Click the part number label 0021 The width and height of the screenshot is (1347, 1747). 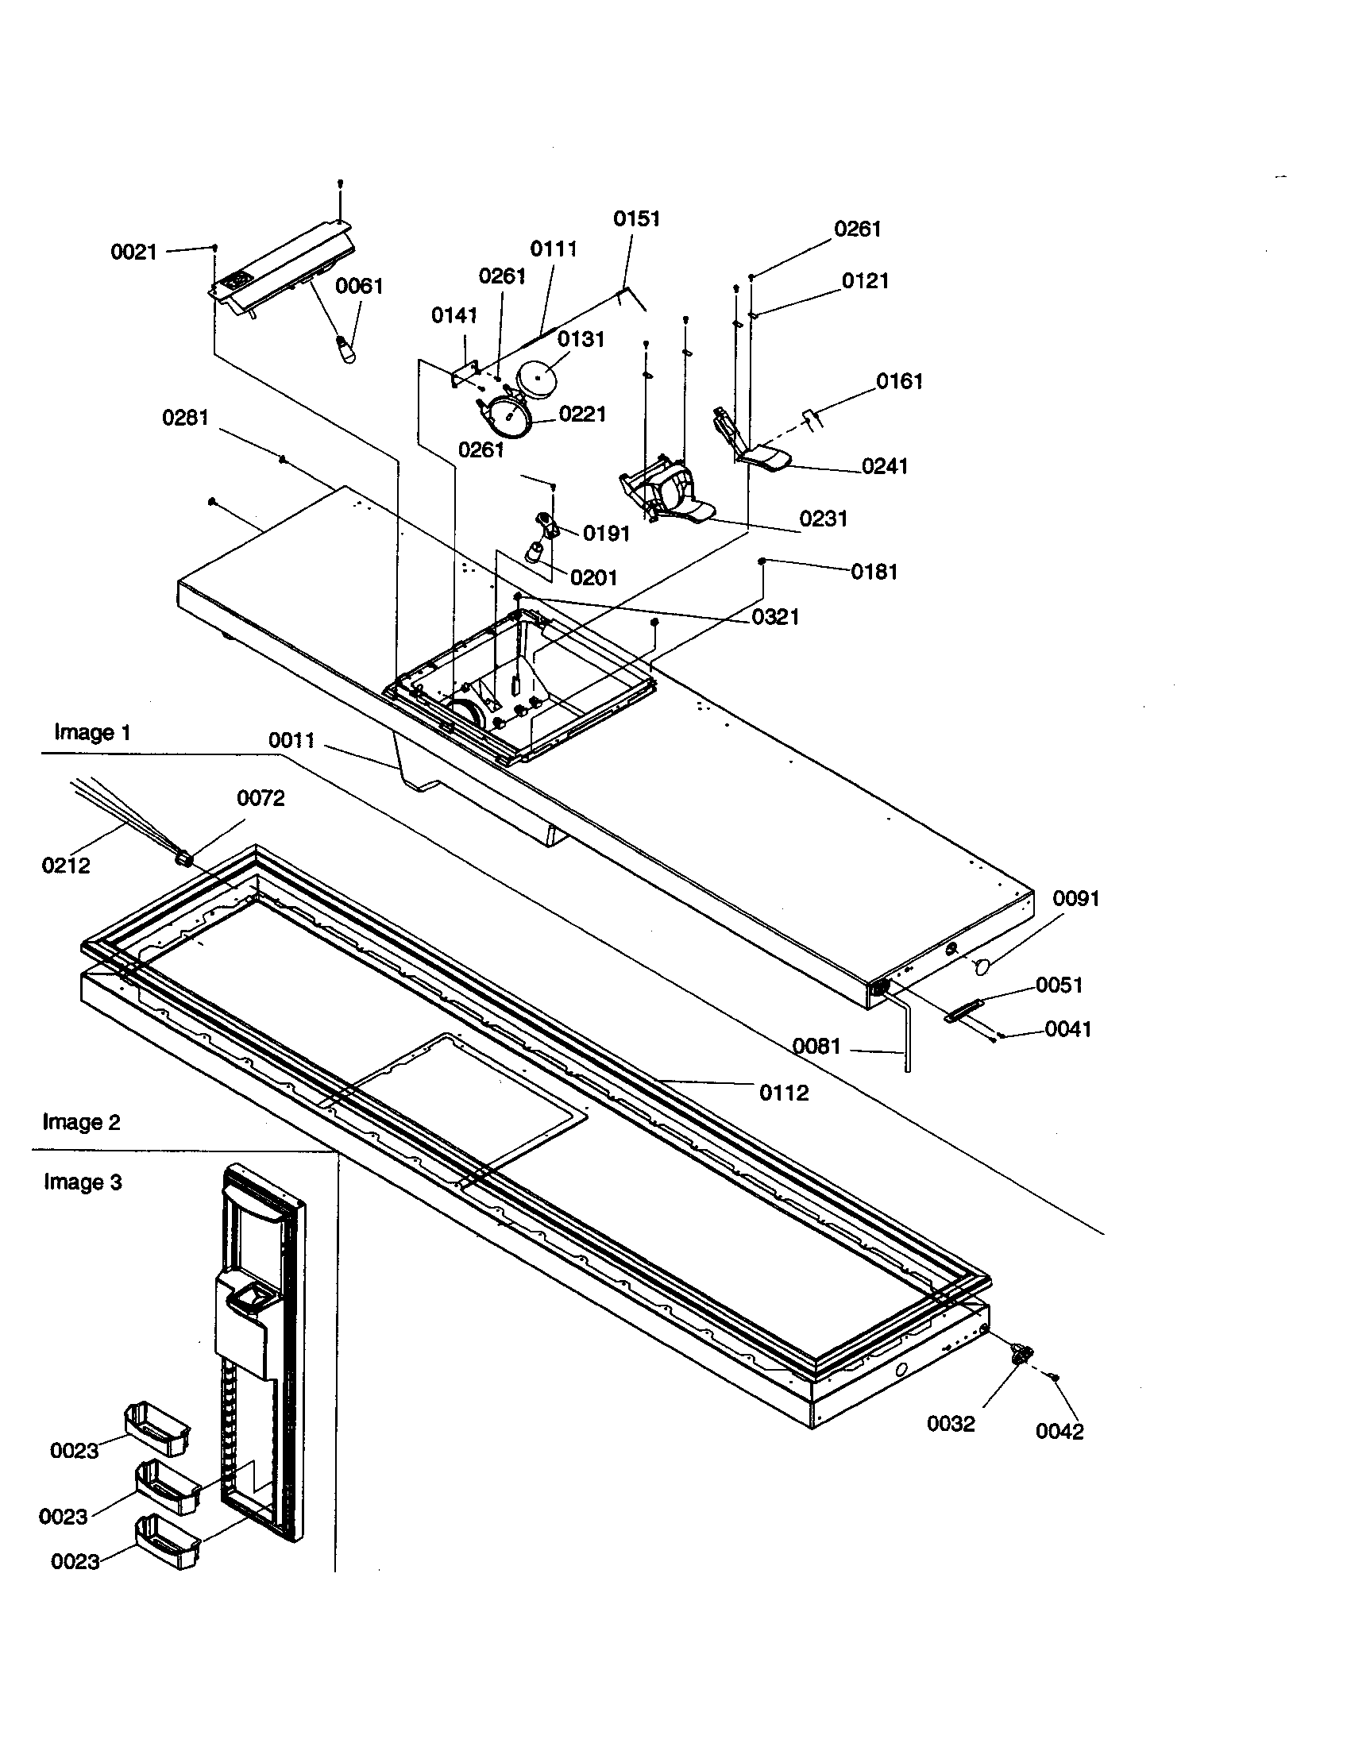pyautogui.click(x=133, y=253)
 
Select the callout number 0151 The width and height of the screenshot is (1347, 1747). pyautogui.click(x=637, y=218)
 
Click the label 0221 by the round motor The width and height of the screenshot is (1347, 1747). pyautogui.click(x=582, y=414)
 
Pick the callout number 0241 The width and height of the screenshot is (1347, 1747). pyautogui.click(x=885, y=466)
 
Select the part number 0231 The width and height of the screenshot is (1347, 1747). pyautogui.click(x=823, y=519)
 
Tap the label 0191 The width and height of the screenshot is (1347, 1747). pyautogui.click(x=606, y=534)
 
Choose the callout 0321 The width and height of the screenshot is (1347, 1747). pyautogui.click(x=775, y=617)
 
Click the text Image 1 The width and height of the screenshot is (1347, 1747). pyautogui.click(x=92, y=732)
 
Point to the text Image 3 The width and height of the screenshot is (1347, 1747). pyautogui.click(x=83, y=1182)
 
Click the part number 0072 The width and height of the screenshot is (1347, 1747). pyautogui.click(x=261, y=798)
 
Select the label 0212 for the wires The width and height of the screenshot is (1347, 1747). pyautogui.click(x=66, y=865)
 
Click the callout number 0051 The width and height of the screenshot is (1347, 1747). pyautogui.click(x=1059, y=985)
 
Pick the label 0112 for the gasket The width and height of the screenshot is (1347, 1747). pyautogui.click(x=784, y=1093)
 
